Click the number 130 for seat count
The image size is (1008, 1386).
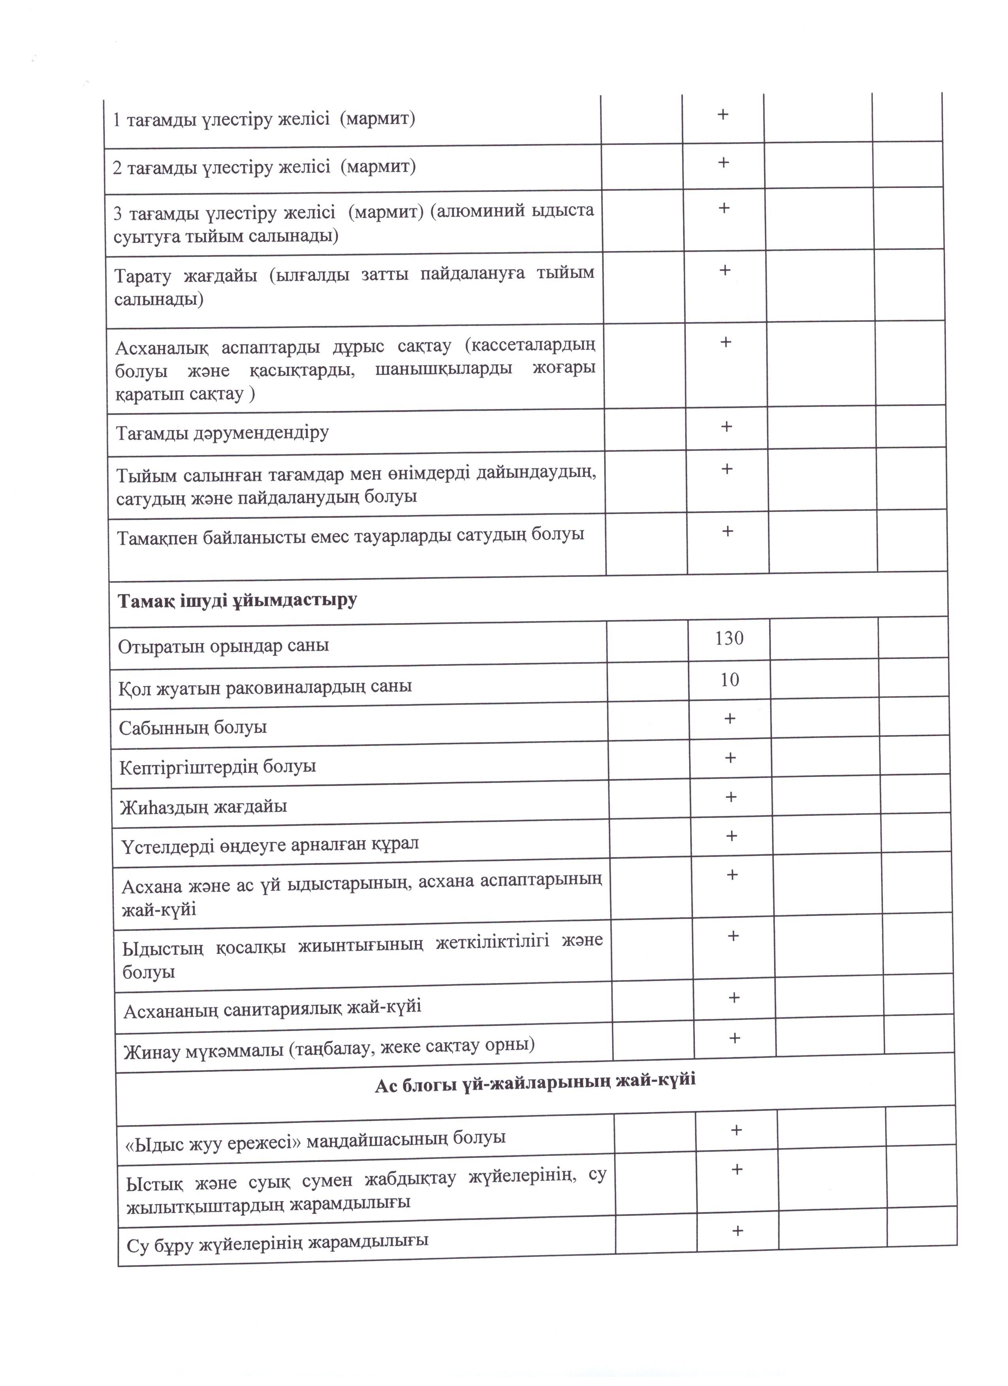(x=729, y=639)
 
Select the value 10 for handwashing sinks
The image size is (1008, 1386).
(x=730, y=680)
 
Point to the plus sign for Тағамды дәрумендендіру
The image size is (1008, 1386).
(x=726, y=426)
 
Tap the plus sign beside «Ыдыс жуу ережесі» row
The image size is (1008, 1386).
(x=737, y=1130)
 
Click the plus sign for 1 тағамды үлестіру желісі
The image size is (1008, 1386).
(x=722, y=114)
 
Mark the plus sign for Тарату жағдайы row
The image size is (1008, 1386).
(x=725, y=270)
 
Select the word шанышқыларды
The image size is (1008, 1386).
(x=443, y=369)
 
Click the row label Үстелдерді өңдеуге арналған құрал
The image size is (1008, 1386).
(x=269, y=845)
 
